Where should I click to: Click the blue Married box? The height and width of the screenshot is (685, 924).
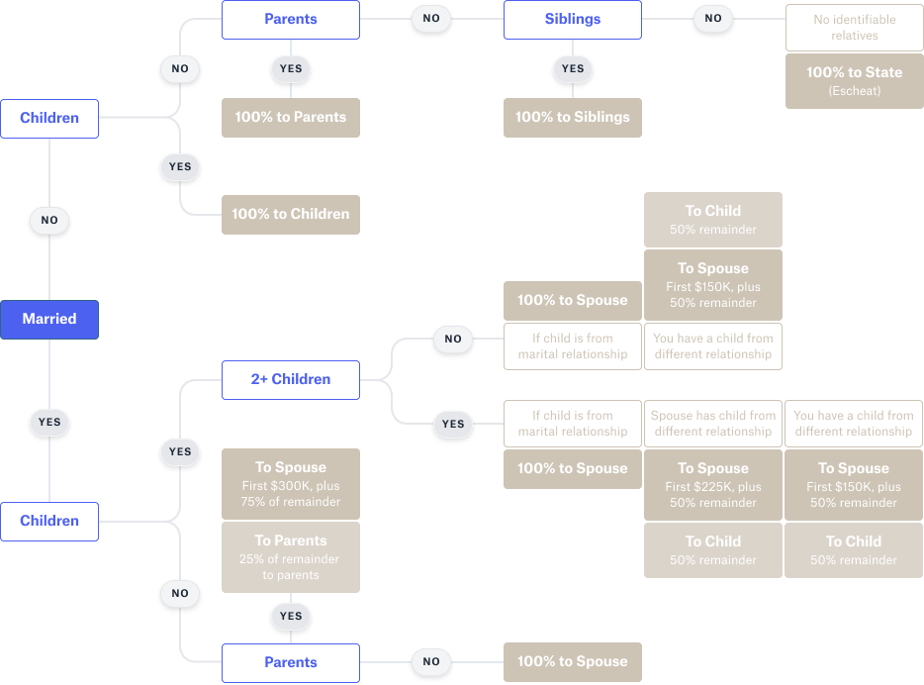click(x=49, y=319)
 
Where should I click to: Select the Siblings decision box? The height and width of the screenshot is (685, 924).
click(x=573, y=19)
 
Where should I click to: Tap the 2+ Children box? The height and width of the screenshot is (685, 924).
click(x=290, y=379)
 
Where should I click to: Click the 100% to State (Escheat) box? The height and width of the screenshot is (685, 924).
click(x=854, y=81)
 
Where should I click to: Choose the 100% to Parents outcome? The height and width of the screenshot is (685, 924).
click(x=290, y=117)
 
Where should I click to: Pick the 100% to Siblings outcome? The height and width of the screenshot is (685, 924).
click(x=573, y=117)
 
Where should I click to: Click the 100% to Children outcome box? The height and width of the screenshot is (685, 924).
click(x=290, y=214)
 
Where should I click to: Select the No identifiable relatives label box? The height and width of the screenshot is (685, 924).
click(x=854, y=28)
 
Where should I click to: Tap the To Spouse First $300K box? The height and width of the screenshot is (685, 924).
click(x=290, y=484)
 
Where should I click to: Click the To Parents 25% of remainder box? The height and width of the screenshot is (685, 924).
click(x=290, y=557)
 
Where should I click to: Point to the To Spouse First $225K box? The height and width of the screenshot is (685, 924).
click(x=712, y=484)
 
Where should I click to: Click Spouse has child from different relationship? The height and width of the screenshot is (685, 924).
click(x=712, y=424)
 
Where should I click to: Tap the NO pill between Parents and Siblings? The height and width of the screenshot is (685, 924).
click(x=431, y=19)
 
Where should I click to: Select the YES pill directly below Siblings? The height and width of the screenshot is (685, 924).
click(x=573, y=69)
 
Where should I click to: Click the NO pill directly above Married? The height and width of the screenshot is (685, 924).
click(x=49, y=220)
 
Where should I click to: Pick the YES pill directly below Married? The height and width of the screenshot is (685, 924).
click(x=49, y=422)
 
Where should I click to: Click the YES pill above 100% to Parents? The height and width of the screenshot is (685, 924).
click(x=290, y=69)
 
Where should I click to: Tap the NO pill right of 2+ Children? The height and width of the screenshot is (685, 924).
click(x=452, y=339)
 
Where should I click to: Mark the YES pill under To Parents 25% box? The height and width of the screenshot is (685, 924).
click(x=290, y=616)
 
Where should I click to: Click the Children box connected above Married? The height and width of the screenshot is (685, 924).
click(x=49, y=118)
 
